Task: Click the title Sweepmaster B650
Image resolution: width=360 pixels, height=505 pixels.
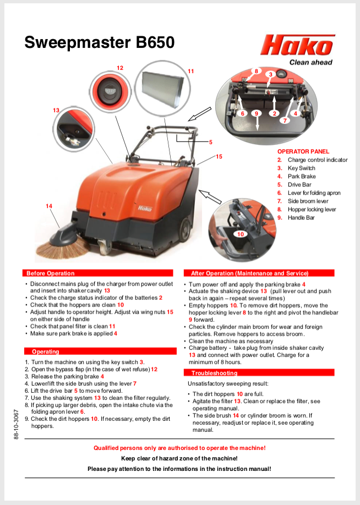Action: pos(100,42)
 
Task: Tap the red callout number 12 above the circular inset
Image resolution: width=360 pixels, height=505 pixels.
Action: pos(120,68)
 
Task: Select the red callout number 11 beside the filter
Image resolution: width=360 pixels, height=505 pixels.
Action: pos(190,71)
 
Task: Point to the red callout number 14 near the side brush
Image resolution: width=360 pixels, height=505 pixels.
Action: pos(49,206)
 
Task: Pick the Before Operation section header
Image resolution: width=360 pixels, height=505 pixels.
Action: pos(50,273)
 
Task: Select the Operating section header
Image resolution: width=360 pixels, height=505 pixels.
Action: pos(45,351)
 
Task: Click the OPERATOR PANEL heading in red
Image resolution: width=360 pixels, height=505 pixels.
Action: pos(303,151)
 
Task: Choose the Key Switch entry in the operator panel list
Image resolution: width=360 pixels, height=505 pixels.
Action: pos(301,168)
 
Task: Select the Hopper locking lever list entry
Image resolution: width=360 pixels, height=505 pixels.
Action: pos(311,209)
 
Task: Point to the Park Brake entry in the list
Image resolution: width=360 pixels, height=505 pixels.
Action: pos(301,176)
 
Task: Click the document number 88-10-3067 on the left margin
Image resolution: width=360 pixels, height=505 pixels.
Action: pos(17,424)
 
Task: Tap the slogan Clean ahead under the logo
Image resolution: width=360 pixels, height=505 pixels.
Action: pos(311,62)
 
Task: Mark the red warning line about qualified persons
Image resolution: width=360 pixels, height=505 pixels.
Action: pos(179,448)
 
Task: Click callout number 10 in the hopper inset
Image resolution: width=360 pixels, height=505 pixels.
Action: pos(240,234)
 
